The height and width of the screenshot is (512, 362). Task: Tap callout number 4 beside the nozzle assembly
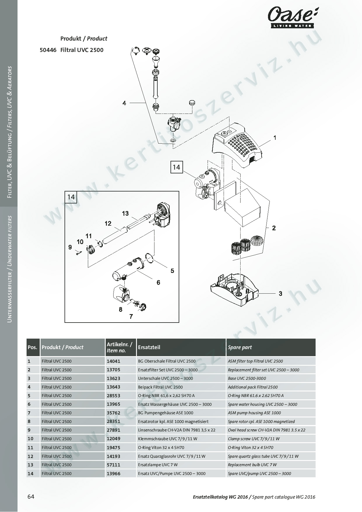click(x=124, y=103)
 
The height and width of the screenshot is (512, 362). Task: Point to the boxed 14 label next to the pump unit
click(x=176, y=167)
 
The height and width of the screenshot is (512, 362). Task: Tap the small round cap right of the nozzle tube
click(x=192, y=103)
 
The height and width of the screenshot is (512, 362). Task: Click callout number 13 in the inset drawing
click(x=125, y=213)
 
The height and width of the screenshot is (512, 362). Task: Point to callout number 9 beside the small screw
click(x=70, y=247)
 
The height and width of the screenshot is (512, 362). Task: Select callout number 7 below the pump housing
click(x=131, y=316)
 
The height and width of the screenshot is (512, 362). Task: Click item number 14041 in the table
click(x=114, y=361)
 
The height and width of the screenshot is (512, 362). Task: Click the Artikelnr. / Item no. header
click(x=120, y=347)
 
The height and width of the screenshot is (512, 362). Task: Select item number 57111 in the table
click(x=114, y=465)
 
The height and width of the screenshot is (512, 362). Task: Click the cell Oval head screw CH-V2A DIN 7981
click(x=266, y=430)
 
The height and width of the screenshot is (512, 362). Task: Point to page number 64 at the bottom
click(x=31, y=497)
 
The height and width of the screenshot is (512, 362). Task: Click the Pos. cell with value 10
click(x=31, y=439)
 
